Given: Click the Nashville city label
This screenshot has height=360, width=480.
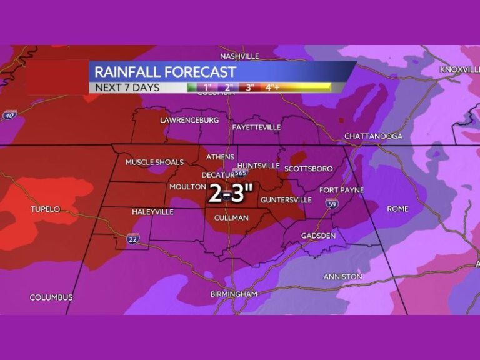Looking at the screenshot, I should point(239,56).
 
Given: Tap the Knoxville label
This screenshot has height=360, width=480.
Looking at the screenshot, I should point(459,69).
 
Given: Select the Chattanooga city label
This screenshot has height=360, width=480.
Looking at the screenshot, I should point(373,136).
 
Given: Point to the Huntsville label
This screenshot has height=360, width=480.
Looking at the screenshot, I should point(258,166).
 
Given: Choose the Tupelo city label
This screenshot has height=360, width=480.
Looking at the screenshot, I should point(45,209).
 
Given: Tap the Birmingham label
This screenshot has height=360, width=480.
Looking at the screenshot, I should point(233,294).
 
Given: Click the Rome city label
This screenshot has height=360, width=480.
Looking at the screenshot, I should point(397,209).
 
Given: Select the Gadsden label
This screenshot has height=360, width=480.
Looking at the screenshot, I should point(318,236).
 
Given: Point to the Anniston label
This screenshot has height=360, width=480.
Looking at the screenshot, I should point(342,276).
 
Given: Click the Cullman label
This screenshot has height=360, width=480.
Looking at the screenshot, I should point(231,218).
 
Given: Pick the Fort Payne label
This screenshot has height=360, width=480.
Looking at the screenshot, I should point(341,190).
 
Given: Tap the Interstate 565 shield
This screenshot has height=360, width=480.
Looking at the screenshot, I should point(239,172).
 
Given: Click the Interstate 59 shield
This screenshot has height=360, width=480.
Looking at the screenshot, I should point(331,203).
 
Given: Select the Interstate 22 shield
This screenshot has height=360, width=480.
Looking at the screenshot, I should point(132,238).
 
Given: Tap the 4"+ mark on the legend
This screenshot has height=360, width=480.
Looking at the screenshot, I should point(272,87).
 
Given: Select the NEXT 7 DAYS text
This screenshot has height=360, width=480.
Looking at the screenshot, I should point(127,87).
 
